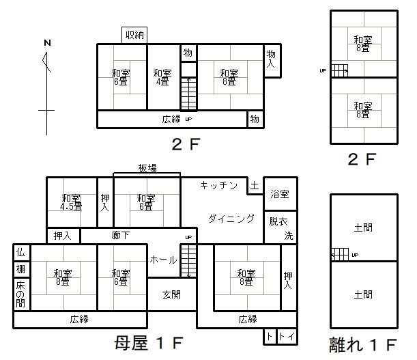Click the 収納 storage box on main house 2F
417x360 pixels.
coord(134,35)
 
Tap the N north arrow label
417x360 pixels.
coord(47,42)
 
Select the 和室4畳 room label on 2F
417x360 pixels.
coord(162,77)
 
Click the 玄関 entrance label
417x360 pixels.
coord(171,294)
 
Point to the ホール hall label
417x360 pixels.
coord(163,260)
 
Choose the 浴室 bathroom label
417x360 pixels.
coord(280,194)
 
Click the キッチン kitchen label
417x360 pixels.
coord(219,185)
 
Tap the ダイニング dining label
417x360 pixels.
coord(231,219)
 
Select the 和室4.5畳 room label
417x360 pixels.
coord(71,202)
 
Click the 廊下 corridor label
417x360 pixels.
coord(121,236)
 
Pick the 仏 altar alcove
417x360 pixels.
coord(22,252)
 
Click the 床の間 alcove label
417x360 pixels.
coord(20,294)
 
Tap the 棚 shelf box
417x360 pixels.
coord(22,269)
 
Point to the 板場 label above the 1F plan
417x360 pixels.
coord(147,168)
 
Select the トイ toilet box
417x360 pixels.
coord(287,337)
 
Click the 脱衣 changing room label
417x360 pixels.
coord(278,221)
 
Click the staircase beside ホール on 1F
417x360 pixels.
coord(188,261)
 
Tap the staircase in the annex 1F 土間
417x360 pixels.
coord(340,255)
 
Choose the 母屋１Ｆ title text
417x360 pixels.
coord(149,343)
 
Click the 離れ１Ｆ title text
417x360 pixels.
coord(363,344)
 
